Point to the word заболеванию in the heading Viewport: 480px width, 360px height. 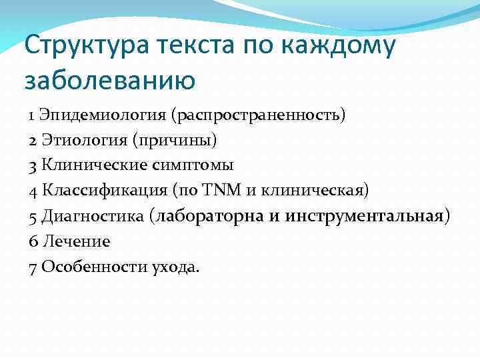tap(110, 81)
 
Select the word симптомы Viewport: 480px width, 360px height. tap(195, 165)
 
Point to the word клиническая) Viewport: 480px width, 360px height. tap(321, 191)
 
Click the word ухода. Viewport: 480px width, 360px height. tap(175, 267)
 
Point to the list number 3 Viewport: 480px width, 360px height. tap(33, 165)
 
